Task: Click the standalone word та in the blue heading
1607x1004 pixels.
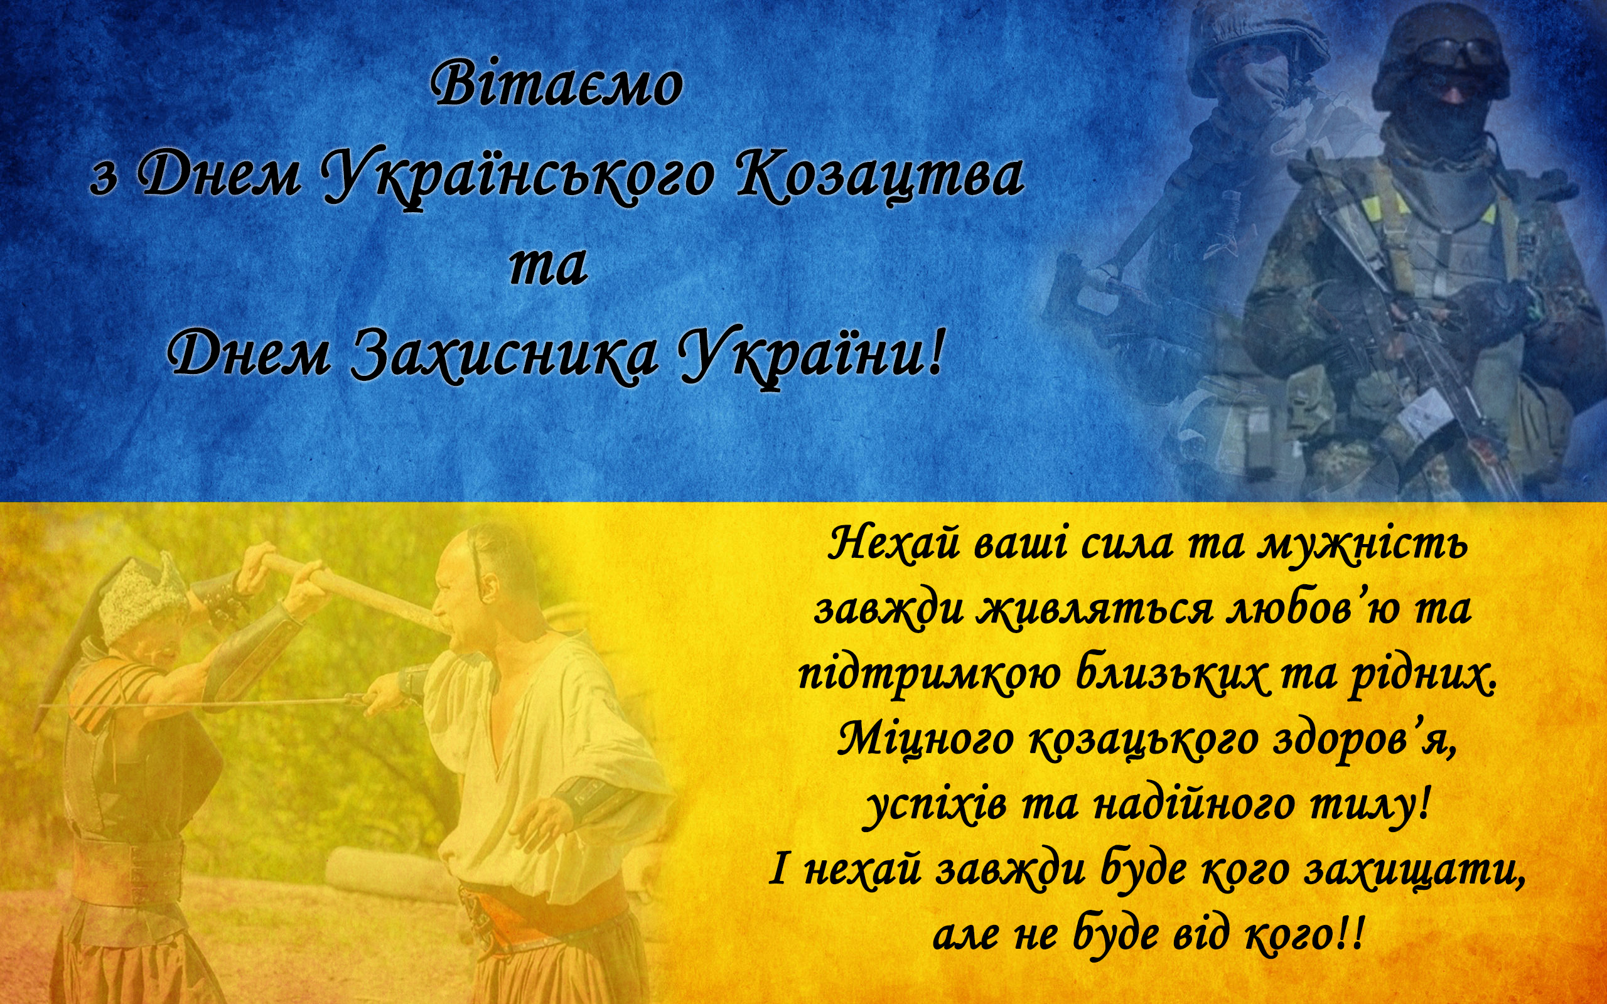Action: coord(548,266)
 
